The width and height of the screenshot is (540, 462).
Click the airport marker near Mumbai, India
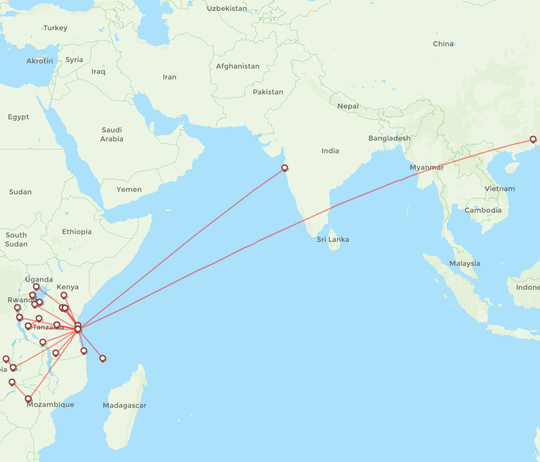285,168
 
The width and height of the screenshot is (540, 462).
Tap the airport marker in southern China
533,140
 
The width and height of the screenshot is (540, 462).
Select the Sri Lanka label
333,239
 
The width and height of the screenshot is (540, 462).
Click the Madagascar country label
125,405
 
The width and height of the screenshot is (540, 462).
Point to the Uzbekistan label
227,9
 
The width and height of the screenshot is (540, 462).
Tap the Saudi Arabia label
112,134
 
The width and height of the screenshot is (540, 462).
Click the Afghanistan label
238,66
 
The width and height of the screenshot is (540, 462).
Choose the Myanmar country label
427,167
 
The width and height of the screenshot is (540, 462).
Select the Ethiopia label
77,232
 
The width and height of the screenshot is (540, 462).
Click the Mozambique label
50,404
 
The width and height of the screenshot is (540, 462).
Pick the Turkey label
55,28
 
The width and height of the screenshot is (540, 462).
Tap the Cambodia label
483,210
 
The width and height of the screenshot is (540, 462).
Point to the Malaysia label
464,263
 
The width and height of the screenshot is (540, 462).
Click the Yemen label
129,189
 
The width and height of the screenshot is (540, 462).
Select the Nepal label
348,106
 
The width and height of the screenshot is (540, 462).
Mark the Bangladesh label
389,138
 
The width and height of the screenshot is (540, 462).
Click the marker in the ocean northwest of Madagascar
103,358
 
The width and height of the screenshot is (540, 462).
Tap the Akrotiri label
40,61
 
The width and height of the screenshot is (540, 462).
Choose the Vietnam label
500,188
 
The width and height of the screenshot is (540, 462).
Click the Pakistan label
268,92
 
